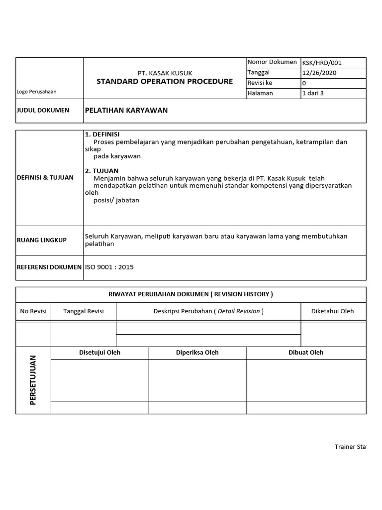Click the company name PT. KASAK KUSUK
point(165,73)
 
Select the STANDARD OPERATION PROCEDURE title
point(165,82)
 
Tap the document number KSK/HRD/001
point(322,63)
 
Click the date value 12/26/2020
point(318,73)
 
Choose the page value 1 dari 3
point(313,93)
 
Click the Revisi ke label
point(260,83)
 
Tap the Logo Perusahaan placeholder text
point(37,92)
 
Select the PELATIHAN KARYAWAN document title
point(126,111)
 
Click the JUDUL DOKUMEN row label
point(43,111)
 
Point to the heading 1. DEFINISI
point(102,134)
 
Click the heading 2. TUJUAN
point(101,171)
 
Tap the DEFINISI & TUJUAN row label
point(45,177)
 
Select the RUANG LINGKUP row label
point(42,240)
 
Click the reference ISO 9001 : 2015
point(109,267)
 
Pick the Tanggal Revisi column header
point(84,311)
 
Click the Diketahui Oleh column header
point(332,311)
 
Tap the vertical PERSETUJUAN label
point(33,380)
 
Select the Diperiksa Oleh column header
point(197,353)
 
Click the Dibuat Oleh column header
point(306,353)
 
